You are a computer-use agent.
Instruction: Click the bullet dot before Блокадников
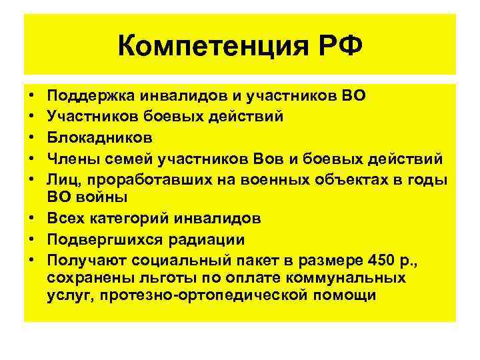click(32, 137)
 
